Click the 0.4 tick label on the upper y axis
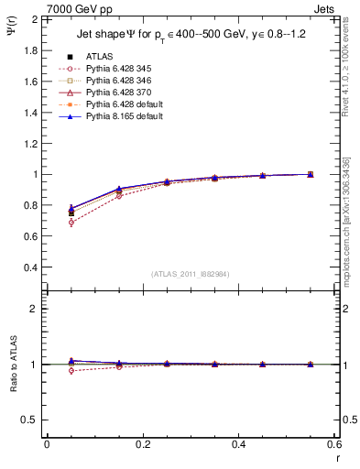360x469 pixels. coord(29,267)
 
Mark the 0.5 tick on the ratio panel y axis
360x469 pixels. coord(29,420)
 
